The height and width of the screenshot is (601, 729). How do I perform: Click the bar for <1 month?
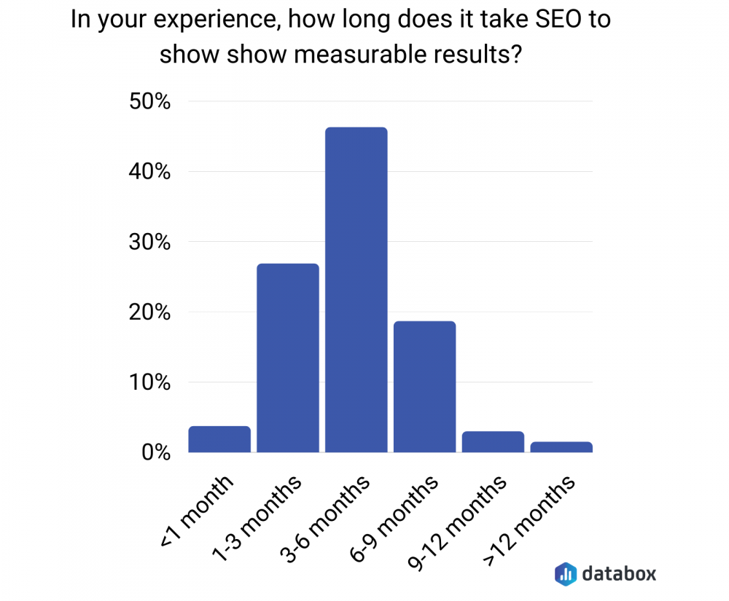[219, 439]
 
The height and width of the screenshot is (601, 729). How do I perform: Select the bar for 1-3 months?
[288, 358]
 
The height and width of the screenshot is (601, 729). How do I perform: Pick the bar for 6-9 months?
[424, 387]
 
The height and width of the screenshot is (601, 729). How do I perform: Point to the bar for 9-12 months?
[493, 442]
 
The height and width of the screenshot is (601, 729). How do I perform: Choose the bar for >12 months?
[561, 447]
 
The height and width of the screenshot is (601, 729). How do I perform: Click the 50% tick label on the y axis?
[149, 102]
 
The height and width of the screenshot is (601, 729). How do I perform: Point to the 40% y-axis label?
[149, 173]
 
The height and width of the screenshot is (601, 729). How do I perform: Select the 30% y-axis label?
[149, 243]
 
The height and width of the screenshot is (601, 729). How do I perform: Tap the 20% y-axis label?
[149, 313]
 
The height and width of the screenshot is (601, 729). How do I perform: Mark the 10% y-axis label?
[149, 382]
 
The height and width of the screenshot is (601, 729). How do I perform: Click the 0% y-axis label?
[155, 452]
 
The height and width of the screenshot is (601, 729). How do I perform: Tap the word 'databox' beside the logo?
[619, 573]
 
